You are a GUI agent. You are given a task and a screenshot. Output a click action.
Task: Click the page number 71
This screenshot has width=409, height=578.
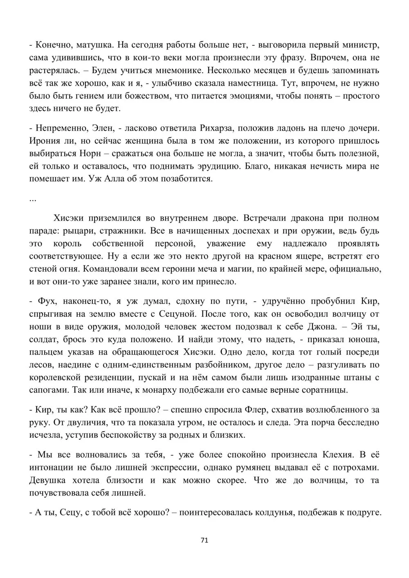coord(205,540)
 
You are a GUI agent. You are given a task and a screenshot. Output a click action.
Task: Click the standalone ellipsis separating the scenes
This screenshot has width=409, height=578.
coord(33,199)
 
